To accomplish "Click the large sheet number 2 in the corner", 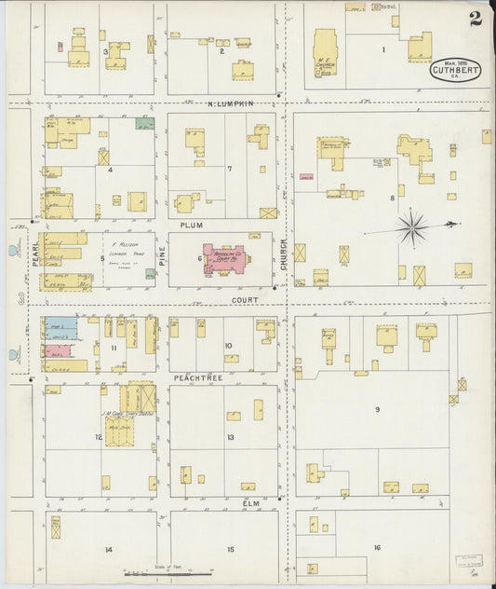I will point(475,18).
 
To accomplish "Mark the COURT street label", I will point(247,301).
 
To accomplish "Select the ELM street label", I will point(250,503).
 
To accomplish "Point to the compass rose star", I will point(410,225).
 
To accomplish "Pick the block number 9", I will point(377,410).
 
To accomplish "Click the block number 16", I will point(377,547).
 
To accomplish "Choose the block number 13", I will point(230,437).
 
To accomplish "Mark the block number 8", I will point(392,198).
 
